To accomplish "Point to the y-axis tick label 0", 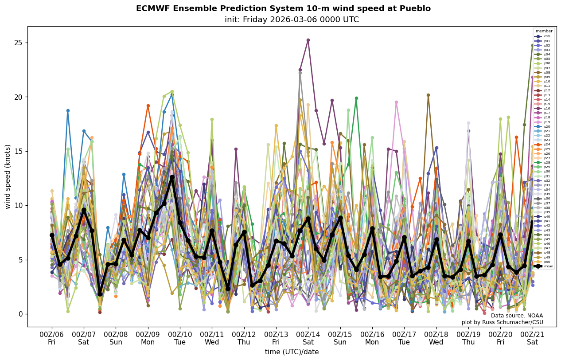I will pyautogui.click(x=19, y=314).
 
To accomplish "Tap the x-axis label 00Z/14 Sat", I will pyautogui.click(x=308, y=338).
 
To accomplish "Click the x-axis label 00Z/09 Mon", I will pyautogui.click(x=148, y=338).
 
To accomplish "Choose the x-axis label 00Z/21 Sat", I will pyautogui.click(x=532, y=338).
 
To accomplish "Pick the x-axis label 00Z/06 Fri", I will pyautogui.click(x=52, y=338).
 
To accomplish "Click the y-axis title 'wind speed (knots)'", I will pyautogui.click(x=8, y=176).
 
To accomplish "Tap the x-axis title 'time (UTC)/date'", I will pyautogui.click(x=292, y=352).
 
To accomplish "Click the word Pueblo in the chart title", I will pyautogui.click(x=415, y=8).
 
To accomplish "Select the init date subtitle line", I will pyautogui.click(x=292, y=20).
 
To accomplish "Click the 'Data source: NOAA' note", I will pyautogui.click(x=517, y=316).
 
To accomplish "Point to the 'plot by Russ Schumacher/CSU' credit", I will pyautogui.click(x=508, y=322).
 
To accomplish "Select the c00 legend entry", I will pyautogui.click(x=543, y=36).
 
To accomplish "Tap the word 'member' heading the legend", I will pyautogui.click(x=544, y=31).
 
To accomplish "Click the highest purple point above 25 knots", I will pyautogui.click(x=308, y=40).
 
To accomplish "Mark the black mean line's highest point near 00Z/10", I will pyautogui.click(x=172, y=177).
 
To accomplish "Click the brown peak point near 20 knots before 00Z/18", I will pyautogui.click(x=428, y=95).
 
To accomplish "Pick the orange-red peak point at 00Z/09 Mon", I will pyautogui.click(x=148, y=106).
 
